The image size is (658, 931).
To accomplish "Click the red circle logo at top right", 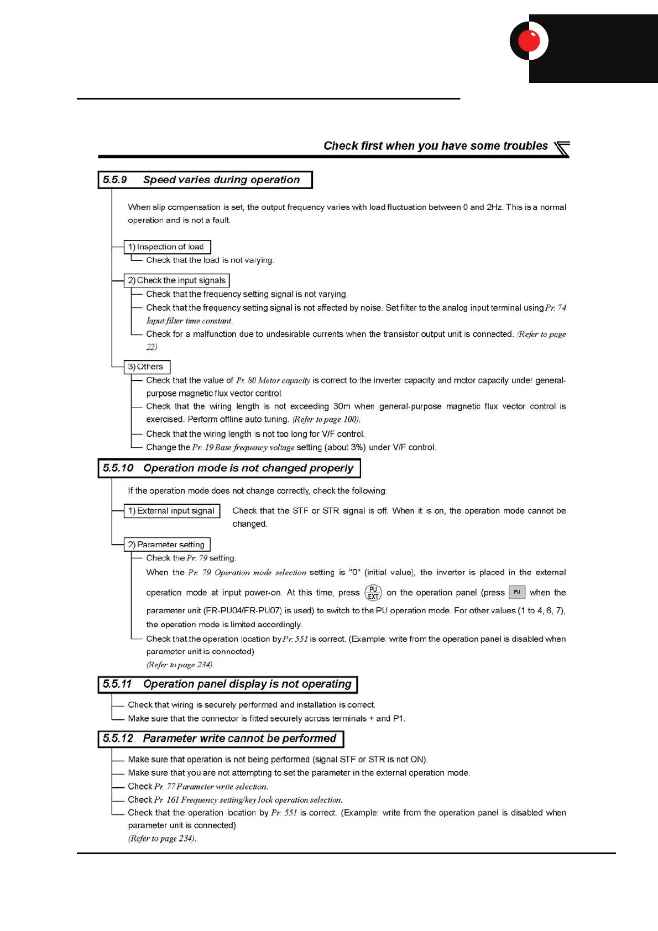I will [x=529, y=41].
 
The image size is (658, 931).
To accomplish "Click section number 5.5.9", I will [x=115, y=180].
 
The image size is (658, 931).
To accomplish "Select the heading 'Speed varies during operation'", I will [x=221, y=180].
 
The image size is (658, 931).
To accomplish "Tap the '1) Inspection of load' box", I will [x=167, y=247].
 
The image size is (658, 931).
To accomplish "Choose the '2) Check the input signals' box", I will [x=177, y=280].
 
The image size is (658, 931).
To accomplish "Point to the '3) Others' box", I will [x=147, y=367].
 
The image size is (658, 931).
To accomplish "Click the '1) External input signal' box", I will [x=172, y=511].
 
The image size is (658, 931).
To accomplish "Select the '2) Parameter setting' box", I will [x=167, y=545].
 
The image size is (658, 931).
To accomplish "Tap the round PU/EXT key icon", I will [x=373, y=593].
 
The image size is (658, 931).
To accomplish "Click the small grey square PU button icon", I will [x=517, y=592].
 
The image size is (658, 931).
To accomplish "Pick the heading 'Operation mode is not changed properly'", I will [x=248, y=468].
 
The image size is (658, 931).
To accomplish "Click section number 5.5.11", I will [x=117, y=684].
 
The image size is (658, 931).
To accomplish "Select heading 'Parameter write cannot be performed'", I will [x=239, y=739].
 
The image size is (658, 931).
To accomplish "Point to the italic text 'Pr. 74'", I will [x=555, y=308].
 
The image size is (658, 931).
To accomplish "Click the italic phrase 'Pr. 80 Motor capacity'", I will [x=273, y=380].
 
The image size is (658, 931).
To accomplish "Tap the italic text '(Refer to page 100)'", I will [x=326, y=420].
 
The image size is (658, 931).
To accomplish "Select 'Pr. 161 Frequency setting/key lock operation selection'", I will [x=248, y=800].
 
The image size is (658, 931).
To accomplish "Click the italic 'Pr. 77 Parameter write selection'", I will [x=211, y=787].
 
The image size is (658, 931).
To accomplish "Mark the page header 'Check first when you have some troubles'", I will [x=435, y=146].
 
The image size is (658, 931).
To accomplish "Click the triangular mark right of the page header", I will [x=562, y=149].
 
